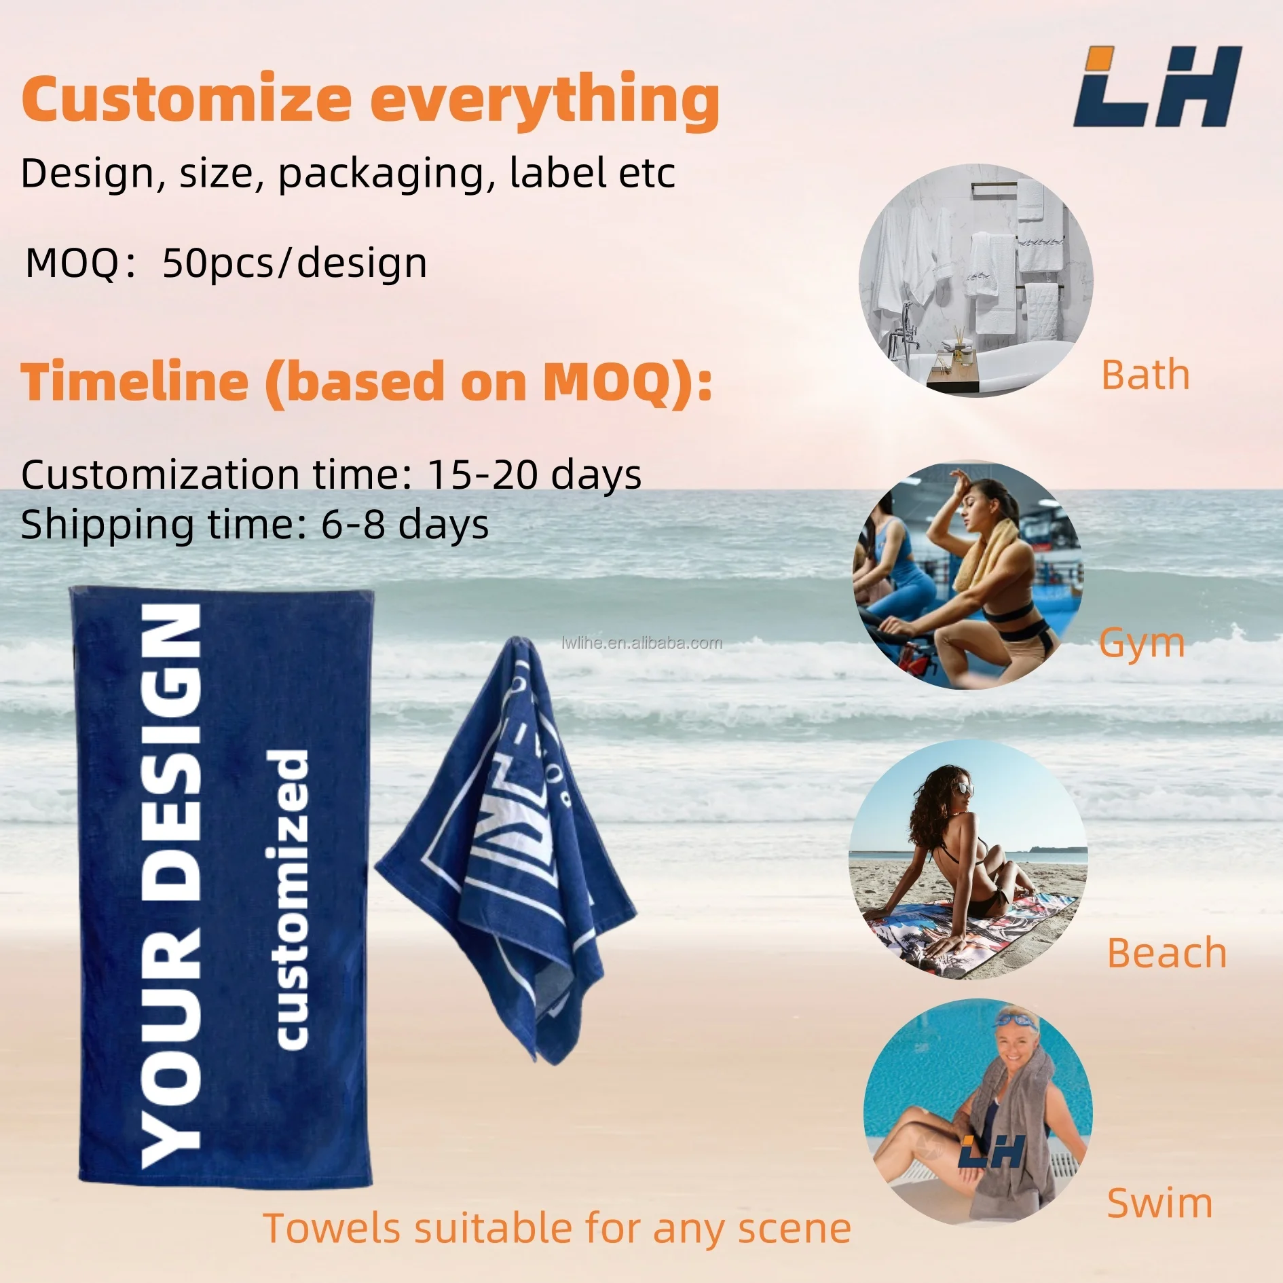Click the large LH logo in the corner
[x=1157, y=87]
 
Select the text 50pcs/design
[x=295, y=263]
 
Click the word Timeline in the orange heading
[x=134, y=382]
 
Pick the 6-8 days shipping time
[x=405, y=525]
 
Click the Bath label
[x=1145, y=375]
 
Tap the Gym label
[x=1142, y=642]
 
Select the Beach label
[x=1166, y=953]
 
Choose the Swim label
[x=1159, y=1204]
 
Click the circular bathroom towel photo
[x=975, y=280]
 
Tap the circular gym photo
[x=967, y=576]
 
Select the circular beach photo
[x=967, y=859]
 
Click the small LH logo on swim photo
[x=992, y=1153]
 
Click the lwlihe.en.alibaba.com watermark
[x=642, y=643]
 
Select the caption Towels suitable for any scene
[x=557, y=1229]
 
